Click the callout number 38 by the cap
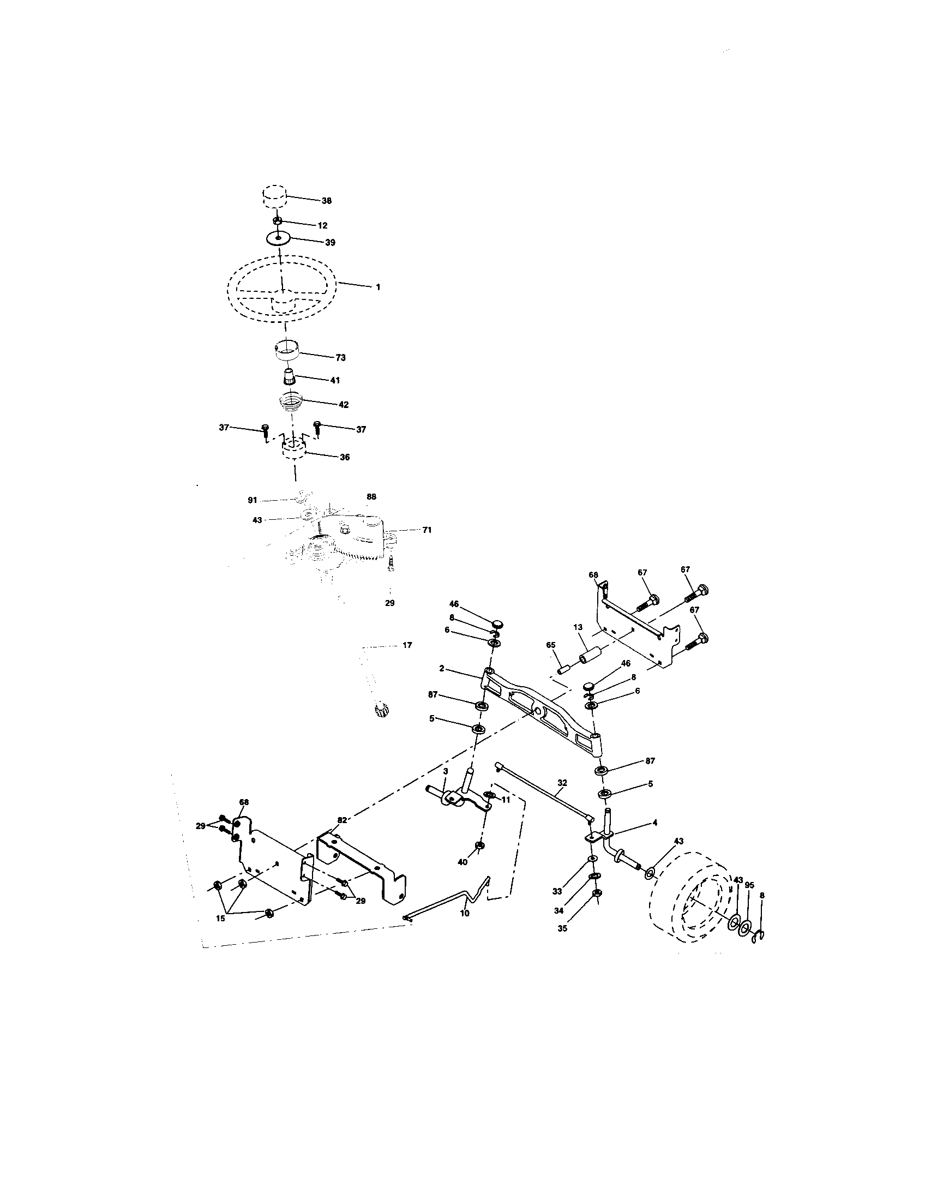click(x=326, y=201)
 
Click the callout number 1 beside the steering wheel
click(x=378, y=287)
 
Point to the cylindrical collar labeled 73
click(x=287, y=351)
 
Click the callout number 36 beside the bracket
click(x=344, y=457)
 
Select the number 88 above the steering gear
click(x=372, y=497)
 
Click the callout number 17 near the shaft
click(x=407, y=645)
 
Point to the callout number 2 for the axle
click(x=442, y=669)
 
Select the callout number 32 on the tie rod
click(x=562, y=782)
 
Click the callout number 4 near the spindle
click(x=654, y=823)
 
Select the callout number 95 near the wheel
click(x=749, y=885)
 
